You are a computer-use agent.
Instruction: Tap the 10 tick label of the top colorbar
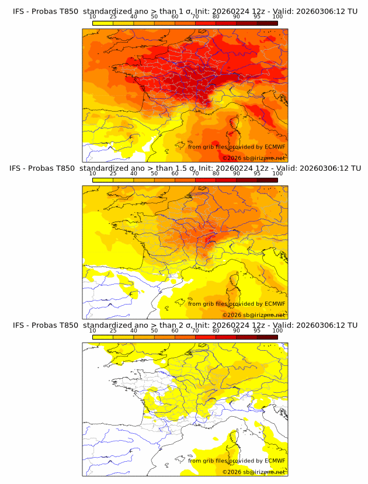pos(93,17)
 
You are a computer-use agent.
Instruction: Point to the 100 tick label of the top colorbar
pos(277,17)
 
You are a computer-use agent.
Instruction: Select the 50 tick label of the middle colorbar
pos(154,174)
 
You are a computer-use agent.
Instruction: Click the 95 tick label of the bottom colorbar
pos(257,331)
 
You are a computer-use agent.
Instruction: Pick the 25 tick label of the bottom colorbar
pos(113,331)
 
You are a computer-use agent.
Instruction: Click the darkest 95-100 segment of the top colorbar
pos(268,23)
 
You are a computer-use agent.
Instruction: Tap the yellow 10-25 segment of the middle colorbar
pos(103,180)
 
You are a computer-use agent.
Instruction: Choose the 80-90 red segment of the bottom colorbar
pos(226,337)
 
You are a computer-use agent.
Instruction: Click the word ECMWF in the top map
pos(275,147)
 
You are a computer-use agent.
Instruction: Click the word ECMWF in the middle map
pos(275,303)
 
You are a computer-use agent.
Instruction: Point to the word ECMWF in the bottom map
pos(275,461)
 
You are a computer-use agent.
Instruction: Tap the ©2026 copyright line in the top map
pos(254,158)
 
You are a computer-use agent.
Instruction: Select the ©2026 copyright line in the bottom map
pos(254,472)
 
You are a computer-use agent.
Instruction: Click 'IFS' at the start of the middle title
pos(19,168)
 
